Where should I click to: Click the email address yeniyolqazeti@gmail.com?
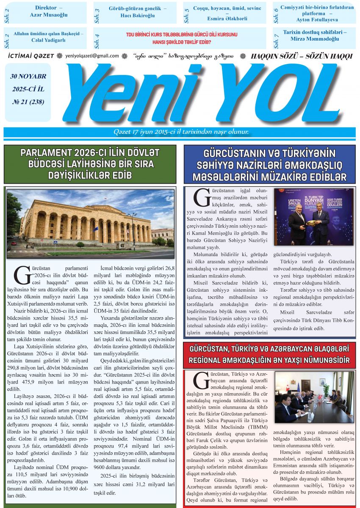click(92, 56)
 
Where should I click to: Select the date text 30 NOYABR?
click(29, 77)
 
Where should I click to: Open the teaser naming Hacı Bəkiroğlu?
click(138, 11)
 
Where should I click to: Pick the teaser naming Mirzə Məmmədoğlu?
click(314, 36)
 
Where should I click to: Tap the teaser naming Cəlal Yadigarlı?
click(49, 37)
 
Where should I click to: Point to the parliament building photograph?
click(91, 223)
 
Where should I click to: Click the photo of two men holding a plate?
click(314, 217)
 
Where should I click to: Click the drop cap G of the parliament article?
click(21, 276)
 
